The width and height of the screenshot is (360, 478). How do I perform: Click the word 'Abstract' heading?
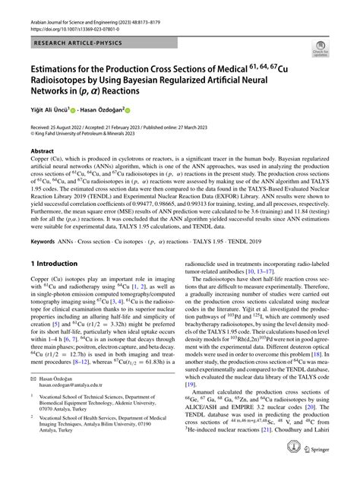tap(43, 151)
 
